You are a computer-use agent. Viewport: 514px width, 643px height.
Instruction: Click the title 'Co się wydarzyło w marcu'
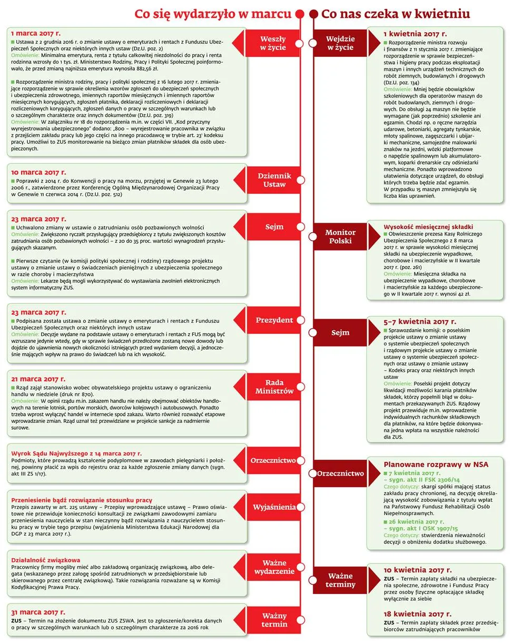pyautogui.click(x=212, y=14)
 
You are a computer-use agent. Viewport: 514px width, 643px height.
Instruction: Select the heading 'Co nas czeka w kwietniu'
pyautogui.click(x=396, y=14)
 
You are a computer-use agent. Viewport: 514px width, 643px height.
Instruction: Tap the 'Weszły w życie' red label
pyautogui.click(x=273, y=43)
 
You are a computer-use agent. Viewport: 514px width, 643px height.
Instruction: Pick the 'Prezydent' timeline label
pyautogui.click(x=274, y=320)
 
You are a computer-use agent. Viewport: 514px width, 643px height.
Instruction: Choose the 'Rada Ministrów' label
pyautogui.click(x=274, y=387)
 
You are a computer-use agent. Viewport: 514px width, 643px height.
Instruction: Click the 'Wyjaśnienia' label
pyautogui.click(x=274, y=507)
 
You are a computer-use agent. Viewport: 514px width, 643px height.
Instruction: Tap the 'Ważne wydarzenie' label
pyautogui.click(x=274, y=567)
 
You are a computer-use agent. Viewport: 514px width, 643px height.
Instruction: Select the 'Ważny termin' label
pyautogui.click(x=274, y=620)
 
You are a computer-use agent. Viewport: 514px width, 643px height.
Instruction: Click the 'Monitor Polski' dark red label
pyautogui.click(x=340, y=236)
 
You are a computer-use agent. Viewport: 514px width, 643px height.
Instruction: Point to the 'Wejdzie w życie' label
pyautogui.click(x=340, y=43)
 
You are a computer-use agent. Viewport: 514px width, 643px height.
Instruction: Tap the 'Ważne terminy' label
pyautogui.click(x=340, y=580)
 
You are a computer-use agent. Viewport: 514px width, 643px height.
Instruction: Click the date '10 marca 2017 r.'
pyautogui.click(x=38, y=172)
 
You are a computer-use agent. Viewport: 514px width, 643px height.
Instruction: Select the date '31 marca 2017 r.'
pyautogui.click(x=38, y=612)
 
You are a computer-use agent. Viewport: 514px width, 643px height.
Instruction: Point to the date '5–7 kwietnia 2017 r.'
pyautogui.click(x=420, y=321)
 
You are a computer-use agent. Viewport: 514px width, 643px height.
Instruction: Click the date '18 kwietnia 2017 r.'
pyautogui.click(x=417, y=614)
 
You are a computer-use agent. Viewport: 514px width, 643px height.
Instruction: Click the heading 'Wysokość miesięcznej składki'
pyautogui.click(x=428, y=226)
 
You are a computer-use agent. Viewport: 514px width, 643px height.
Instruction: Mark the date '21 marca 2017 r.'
pyautogui.click(x=38, y=379)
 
